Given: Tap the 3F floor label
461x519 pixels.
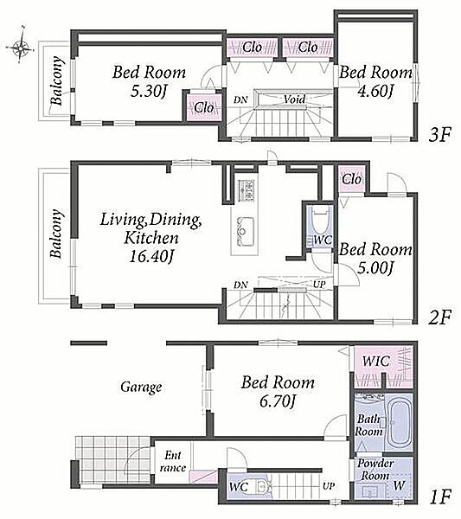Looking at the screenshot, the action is [439, 135].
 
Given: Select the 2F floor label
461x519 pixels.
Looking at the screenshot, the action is [439, 317].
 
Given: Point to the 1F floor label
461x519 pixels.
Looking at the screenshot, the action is [440, 497].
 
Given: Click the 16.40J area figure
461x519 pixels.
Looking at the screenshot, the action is [151, 256].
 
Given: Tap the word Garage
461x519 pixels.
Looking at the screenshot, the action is [141, 387].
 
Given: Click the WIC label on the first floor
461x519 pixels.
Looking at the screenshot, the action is [376, 361].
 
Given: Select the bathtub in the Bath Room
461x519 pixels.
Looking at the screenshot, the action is [400, 422].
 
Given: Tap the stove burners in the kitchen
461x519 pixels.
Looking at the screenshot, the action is [246, 190].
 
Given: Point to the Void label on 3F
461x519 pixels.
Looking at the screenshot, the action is [294, 99].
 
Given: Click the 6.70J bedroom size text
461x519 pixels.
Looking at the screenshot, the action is [278, 401].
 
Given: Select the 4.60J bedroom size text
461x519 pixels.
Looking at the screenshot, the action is [375, 90].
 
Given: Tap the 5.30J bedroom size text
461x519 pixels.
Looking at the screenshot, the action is [148, 91].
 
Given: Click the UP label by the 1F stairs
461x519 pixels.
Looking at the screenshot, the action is [329, 486].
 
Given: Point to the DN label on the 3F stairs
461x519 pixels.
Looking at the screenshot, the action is [240, 99].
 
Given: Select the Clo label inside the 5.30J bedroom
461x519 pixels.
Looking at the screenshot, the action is [204, 107].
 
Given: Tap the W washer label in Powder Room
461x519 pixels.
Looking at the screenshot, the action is [399, 485].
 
